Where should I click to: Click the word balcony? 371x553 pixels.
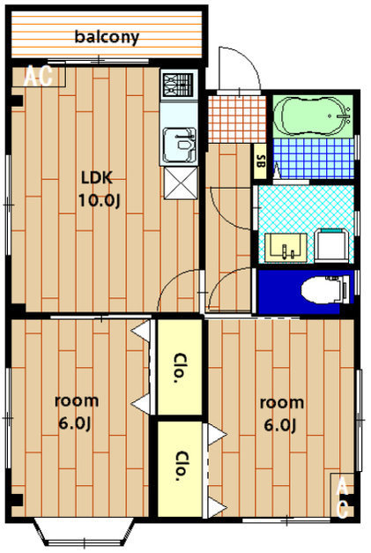click(108, 37)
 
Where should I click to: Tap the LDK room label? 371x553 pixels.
click(97, 177)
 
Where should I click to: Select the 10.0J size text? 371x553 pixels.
click(99, 200)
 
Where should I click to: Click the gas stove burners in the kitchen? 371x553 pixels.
click(178, 85)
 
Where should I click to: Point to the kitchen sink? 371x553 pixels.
click(179, 144)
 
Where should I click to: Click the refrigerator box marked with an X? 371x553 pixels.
click(181, 183)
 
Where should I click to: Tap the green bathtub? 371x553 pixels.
click(313, 116)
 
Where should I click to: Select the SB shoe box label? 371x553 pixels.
click(260, 161)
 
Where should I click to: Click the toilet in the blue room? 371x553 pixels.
click(325, 290)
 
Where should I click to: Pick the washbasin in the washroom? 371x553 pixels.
click(285, 248)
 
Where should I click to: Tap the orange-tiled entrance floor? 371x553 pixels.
click(236, 119)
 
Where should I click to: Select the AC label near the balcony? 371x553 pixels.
click(38, 76)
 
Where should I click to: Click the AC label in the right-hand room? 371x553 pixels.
click(342, 497)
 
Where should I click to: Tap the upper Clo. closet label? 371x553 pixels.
click(179, 368)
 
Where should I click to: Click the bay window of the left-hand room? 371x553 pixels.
click(85, 532)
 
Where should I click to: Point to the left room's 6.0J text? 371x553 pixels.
click(75, 423)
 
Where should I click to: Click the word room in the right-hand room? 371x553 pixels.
click(281, 403)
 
